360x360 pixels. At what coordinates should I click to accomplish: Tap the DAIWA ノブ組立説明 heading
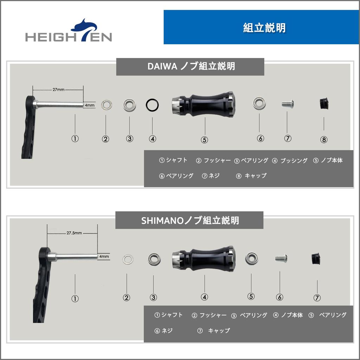(190, 66)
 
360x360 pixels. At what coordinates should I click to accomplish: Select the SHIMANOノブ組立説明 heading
(189, 220)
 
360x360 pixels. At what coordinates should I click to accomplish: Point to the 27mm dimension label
(58, 90)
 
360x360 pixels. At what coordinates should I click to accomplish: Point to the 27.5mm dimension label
(74, 233)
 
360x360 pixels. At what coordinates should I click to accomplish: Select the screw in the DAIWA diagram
(287, 104)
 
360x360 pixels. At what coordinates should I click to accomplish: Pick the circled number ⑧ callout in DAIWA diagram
(324, 140)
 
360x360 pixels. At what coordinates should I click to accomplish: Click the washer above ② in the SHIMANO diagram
(128, 259)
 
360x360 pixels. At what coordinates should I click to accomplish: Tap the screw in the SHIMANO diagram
(281, 258)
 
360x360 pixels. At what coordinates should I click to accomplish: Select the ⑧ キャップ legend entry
(251, 176)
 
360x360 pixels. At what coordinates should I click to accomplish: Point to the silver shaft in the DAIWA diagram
(60, 104)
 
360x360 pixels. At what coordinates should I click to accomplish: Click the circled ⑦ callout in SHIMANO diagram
(317, 298)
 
